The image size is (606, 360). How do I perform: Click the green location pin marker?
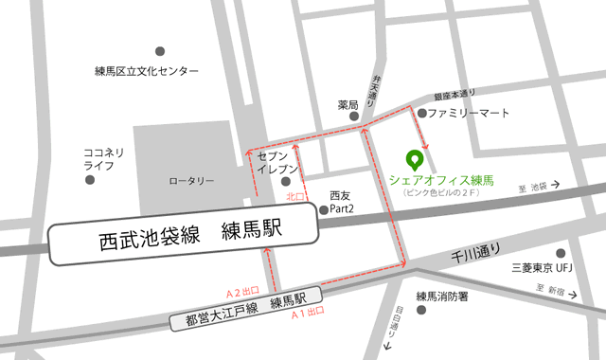coord(413,159)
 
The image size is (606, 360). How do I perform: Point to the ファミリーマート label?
coord(468,113)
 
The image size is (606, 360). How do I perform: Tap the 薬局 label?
coord(348,104)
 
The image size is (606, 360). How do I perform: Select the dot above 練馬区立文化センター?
coord(159,50)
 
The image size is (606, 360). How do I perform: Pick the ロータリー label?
coord(191,180)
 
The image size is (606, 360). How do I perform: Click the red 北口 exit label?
coord(294,197)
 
